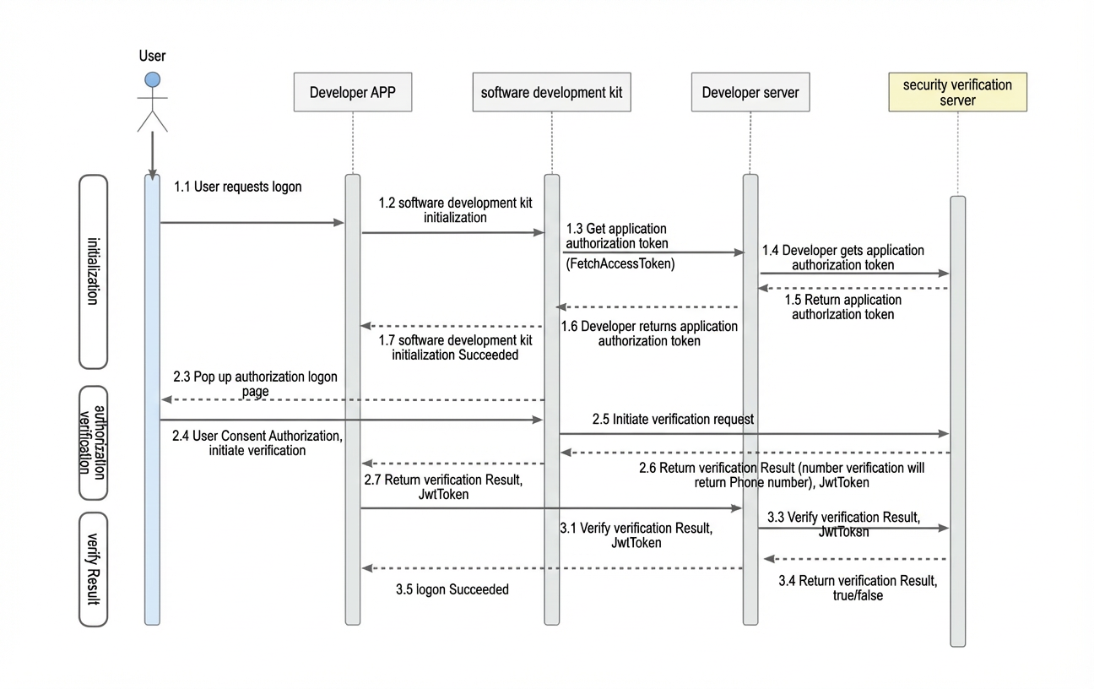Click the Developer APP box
[353, 92]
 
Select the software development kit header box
[551, 92]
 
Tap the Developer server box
[750, 92]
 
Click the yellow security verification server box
[957, 92]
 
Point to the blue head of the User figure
[153, 79]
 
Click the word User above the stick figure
[152, 56]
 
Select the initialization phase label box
[94, 271]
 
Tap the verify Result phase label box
[94, 569]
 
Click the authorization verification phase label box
[94, 442]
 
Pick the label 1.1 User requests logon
[238, 187]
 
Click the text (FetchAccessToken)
[620, 264]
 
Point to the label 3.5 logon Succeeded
[452, 589]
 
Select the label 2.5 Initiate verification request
[673, 420]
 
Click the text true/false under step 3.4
[858, 595]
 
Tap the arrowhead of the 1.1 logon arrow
[339, 222]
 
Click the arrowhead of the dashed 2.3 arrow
[166, 399]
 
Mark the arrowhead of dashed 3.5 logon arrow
[367, 567]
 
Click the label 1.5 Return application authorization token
[843, 307]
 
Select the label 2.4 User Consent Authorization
[257, 436]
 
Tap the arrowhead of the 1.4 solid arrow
[944, 274]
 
